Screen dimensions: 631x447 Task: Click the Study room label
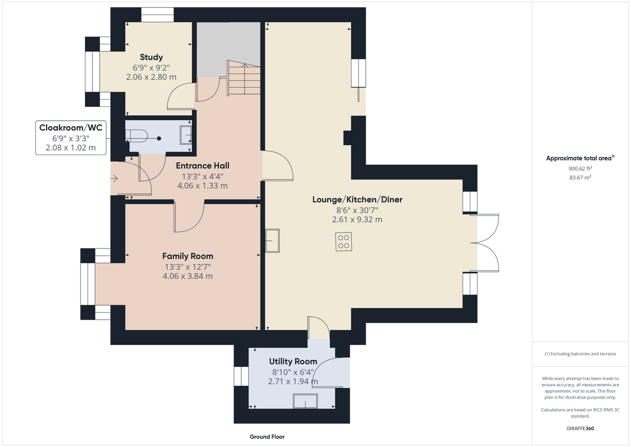[151, 57]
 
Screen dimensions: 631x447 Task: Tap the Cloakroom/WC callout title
[71, 128]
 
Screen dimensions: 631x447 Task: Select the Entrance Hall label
[203, 165]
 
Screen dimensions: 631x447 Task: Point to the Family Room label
[188, 256]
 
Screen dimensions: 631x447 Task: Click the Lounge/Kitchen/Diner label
[357, 199]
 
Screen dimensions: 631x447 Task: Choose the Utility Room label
[293, 361]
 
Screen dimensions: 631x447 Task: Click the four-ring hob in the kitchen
[344, 241]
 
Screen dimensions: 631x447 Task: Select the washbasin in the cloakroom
[186, 135]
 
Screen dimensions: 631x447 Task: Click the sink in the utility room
[305, 401]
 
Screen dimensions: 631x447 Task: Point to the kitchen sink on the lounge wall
[272, 240]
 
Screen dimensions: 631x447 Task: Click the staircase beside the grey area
[244, 78]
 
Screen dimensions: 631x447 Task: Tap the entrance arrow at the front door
[114, 178]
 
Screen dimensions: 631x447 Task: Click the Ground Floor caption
[267, 437]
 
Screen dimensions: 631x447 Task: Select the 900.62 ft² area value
[580, 169]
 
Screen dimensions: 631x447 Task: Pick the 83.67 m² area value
[580, 177]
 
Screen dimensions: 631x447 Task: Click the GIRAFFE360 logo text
[580, 428]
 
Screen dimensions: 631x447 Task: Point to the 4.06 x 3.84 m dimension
[188, 276]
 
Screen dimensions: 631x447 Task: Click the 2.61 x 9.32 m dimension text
[357, 219]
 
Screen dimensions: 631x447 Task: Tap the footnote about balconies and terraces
[580, 354]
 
